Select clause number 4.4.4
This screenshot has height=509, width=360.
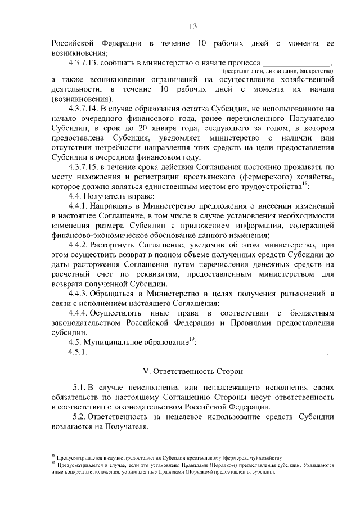[x=79, y=313]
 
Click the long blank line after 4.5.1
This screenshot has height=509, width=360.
[x=208, y=353]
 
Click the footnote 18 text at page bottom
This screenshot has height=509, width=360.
[x=169, y=458]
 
